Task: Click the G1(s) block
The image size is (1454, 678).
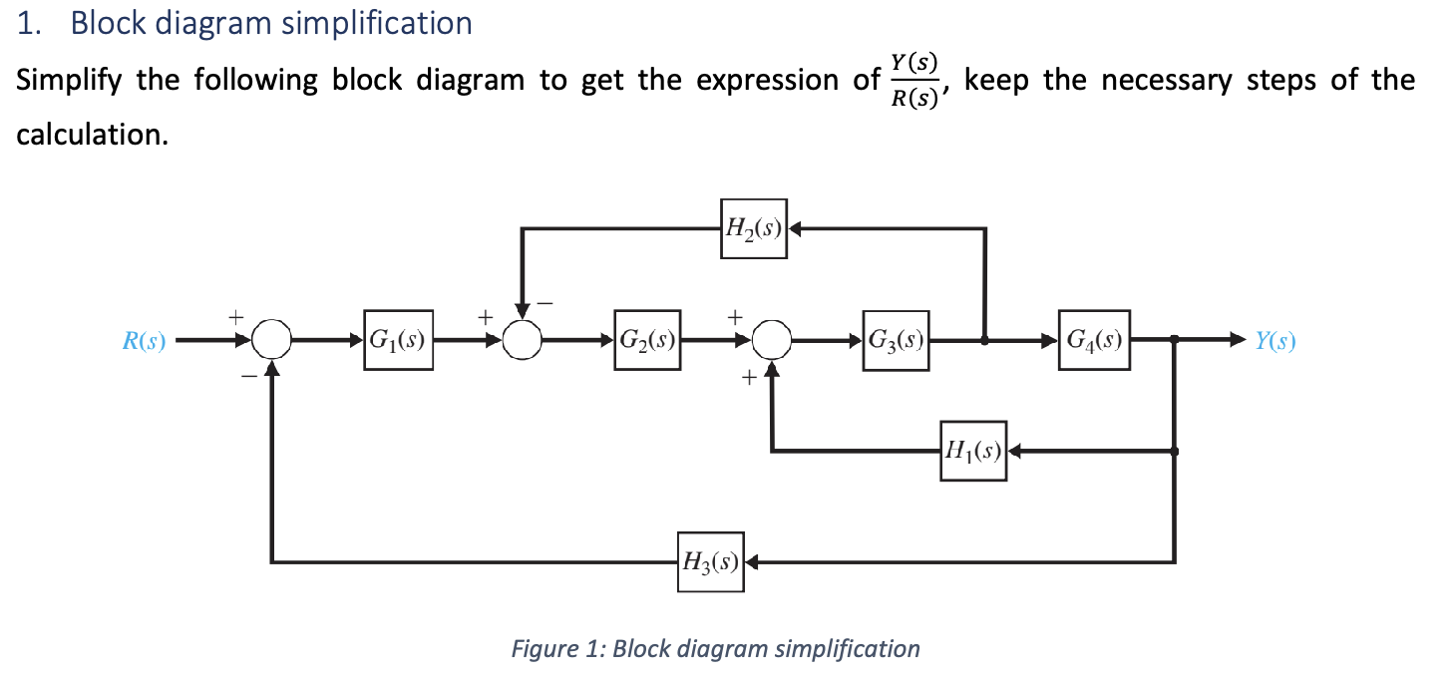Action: pyautogui.click(x=398, y=340)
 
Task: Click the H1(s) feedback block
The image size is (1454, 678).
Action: pyautogui.click(x=972, y=451)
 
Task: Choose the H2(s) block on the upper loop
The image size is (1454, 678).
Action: pyautogui.click(x=753, y=228)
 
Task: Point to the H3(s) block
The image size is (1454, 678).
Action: pyautogui.click(x=709, y=561)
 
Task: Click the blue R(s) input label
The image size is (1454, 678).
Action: pyautogui.click(x=143, y=341)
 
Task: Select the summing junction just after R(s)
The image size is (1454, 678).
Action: pyautogui.click(x=272, y=340)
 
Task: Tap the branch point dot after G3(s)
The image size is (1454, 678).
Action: pyautogui.click(x=985, y=340)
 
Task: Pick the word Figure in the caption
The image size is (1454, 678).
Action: pyautogui.click(x=544, y=649)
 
